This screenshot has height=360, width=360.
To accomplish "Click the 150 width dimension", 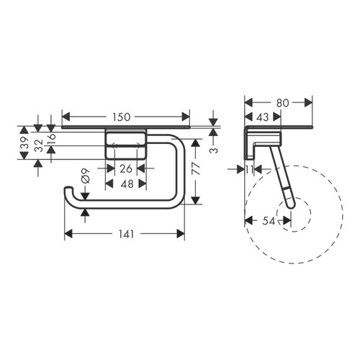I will (x=125, y=115).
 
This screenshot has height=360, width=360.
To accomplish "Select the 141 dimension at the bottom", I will (x=125, y=233).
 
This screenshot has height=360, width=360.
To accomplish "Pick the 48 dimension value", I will (x=126, y=184).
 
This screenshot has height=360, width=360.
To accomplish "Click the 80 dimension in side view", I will (x=283, y=102).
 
